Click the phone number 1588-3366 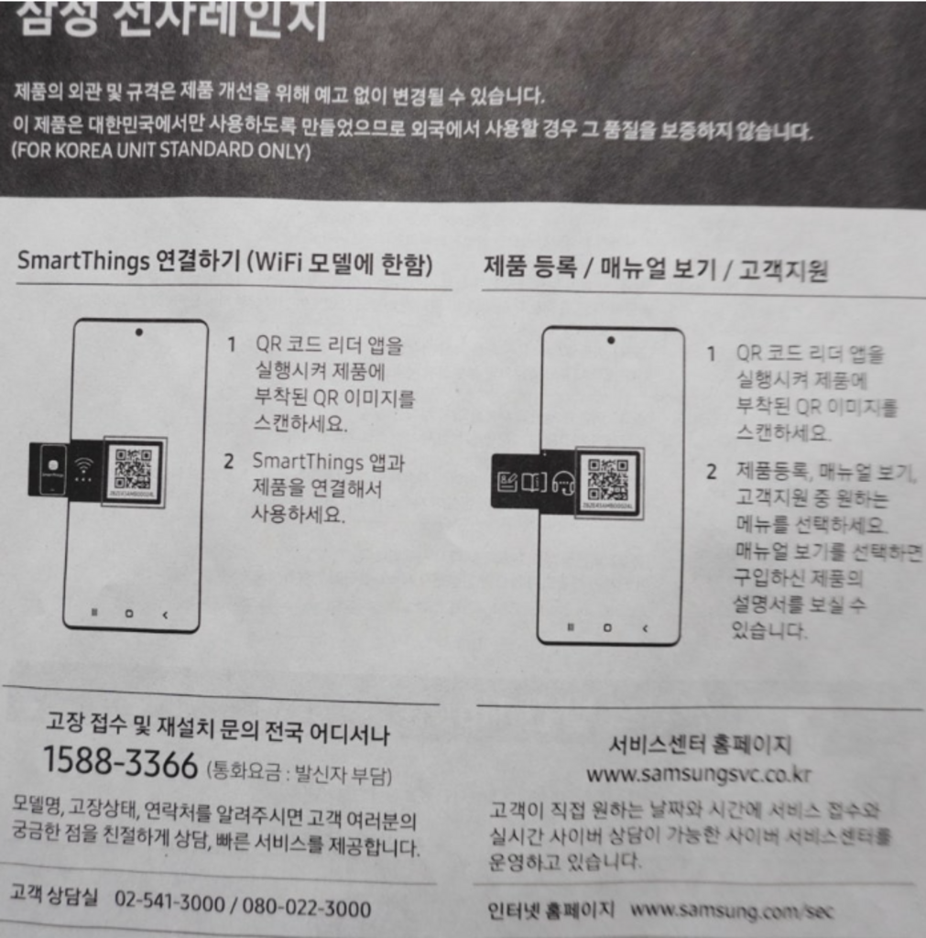(x=120, y=763)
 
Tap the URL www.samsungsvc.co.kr (x=698, y=775)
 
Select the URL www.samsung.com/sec (x=733, y=911)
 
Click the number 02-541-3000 (x=169, y=907)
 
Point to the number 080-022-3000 (x=306, y=909)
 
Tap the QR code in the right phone (x=607, y=480)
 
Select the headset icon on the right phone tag (x=563, y=482)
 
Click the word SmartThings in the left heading (x=82, y=262)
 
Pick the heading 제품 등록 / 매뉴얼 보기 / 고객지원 (x=655, y=269)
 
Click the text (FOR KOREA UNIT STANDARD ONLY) (x=161, y=150)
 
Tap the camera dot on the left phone (x=138, y=333)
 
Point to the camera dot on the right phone (x=611, y=340)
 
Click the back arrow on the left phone (x=165, y=615)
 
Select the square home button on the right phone (x=607, y=628)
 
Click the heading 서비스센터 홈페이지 (x=700, y=744)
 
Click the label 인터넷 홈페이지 (x=551, y=912)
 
